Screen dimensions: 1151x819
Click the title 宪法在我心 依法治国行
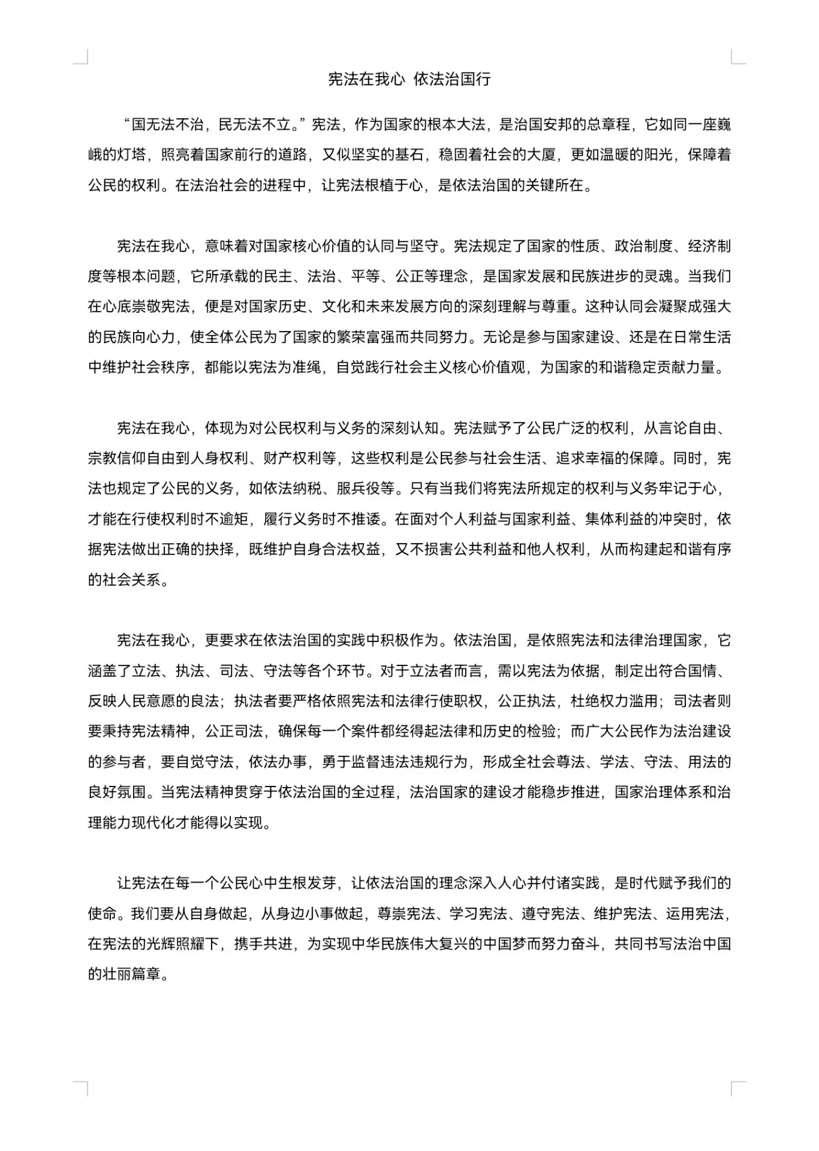click(409, 79)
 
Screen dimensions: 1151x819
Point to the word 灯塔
click(131, 155)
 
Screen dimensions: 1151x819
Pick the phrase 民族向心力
click(139, 337)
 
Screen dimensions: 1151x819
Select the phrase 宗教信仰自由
click(132, 459)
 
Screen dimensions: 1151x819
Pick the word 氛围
click(132, 793)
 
